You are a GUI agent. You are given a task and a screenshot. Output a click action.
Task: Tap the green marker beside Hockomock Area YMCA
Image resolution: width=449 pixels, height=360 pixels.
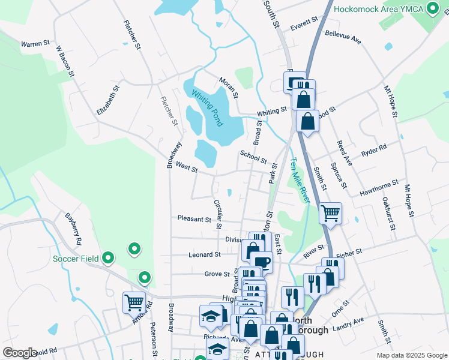pyautogui.click(x=432, y=9)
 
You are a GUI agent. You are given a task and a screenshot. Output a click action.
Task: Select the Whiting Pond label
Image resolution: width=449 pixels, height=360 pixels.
pyautogui.click(x=208, y=108)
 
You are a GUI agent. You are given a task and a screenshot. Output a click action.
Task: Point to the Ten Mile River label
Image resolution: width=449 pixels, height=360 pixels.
pyautogui.click(x=300, y=179)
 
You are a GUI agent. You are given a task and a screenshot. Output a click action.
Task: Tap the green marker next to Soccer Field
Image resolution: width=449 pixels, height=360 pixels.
pyautogui.click(x=108, y=258)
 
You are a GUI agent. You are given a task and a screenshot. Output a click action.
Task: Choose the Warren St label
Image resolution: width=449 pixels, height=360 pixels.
pyautogui.click(x=35, y=44)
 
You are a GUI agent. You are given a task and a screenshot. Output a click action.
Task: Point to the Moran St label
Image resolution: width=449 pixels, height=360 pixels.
pyautogui.click(x=229, y=88)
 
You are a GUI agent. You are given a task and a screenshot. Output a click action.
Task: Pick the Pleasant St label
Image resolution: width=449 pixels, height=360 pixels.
pyautogui.click(x=194, y=219)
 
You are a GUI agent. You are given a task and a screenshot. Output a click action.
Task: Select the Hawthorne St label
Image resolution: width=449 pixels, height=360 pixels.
pyautogui.click(x=379, y=187)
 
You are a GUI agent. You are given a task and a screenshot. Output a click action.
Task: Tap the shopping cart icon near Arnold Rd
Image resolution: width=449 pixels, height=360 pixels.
pyautogui.click(x=134, y=302)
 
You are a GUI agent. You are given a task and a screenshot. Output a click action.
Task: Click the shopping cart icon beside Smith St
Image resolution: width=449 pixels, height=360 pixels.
pyautogui.click(x=331, y=212)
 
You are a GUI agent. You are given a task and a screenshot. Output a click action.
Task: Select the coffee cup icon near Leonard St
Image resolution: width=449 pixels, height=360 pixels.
pyautogui.click(x=261, y=262)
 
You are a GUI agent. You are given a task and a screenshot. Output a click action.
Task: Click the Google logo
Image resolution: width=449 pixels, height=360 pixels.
pyautogui.click(x=20, y=352)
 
